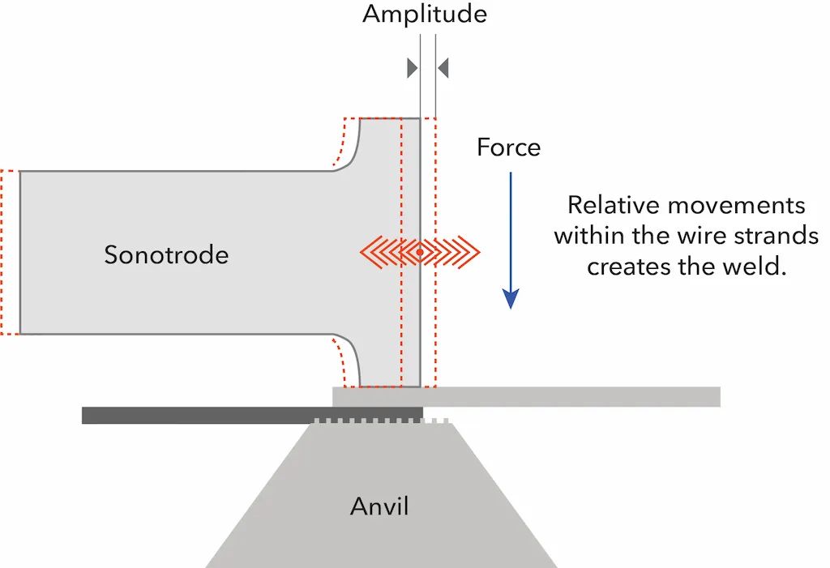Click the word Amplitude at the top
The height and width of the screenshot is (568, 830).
(425, 14)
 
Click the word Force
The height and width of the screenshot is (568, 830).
(508, 147)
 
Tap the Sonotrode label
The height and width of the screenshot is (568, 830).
(166, 255)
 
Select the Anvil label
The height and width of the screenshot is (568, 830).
(379, 507)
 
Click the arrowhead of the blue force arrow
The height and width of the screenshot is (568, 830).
(510, 299)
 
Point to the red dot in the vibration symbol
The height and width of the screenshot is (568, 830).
(420, 254)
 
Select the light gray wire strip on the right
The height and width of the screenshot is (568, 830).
(567, 396)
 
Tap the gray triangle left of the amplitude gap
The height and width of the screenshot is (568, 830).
(413, 67)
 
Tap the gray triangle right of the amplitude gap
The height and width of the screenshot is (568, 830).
(443, 67)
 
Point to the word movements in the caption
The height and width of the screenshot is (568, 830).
(745, 204)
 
